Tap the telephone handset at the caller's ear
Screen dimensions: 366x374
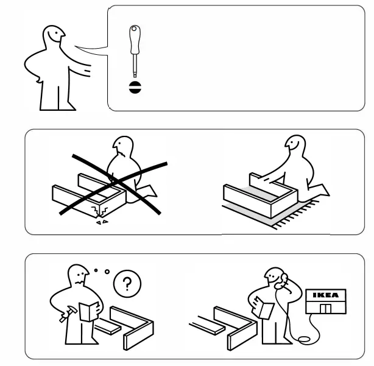[281, 282]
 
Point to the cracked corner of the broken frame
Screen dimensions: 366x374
[99, 211]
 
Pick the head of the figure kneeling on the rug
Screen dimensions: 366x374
[293, 146]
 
